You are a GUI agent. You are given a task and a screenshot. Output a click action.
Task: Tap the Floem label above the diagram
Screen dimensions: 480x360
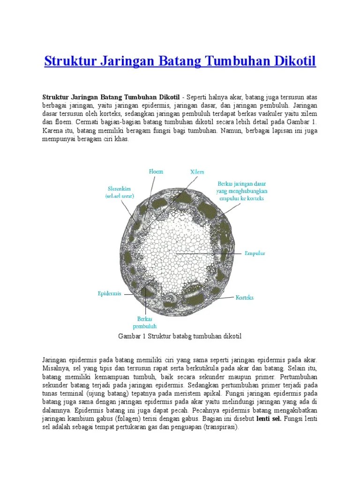point(156,172)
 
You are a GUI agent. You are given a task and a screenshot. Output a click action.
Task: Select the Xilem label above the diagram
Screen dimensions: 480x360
point(197,172)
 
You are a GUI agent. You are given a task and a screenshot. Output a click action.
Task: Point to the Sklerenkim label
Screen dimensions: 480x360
point(120,193)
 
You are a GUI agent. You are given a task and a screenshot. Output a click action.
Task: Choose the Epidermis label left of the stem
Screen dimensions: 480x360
point(109,293)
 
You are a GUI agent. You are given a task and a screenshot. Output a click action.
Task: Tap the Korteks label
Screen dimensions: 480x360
point(244,297)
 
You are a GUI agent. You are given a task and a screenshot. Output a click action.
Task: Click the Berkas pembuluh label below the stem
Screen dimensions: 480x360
point(144,322)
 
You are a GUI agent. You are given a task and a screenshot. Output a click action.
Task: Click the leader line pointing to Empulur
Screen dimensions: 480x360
point(216,254)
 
